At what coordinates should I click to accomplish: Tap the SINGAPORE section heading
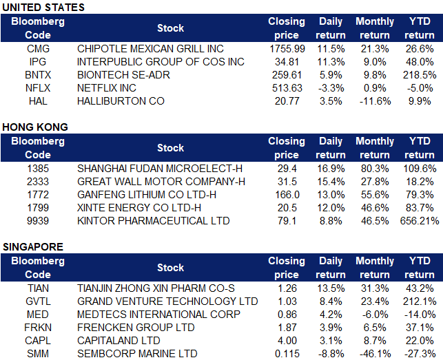tap(34, 246)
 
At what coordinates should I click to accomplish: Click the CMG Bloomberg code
tap(38, 49)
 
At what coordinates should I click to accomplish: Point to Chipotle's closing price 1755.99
tap(286, 49)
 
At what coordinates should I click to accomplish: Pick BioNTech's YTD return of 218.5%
tap(419, 75)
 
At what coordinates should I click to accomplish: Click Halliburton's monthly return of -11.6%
tap(374, 100)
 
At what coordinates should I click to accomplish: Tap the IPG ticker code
tap(38, 62)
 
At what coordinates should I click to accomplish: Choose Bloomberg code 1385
tap(38, 169)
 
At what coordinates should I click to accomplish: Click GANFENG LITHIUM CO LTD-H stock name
tap(147, 195)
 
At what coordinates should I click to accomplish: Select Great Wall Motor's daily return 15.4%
tap(330, 182)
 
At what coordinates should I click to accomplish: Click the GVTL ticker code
tap(38, 301)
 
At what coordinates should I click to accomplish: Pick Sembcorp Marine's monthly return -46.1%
tap(374, 354)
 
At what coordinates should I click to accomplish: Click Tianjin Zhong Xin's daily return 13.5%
tap(330, 288)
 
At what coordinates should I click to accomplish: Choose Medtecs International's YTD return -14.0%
tap(419, 315)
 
